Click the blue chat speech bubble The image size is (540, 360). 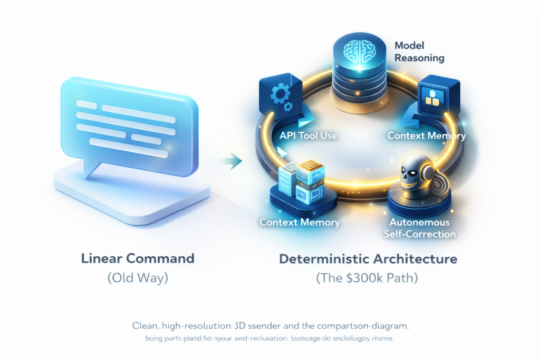point(129,124)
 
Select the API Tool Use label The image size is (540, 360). point(308,135)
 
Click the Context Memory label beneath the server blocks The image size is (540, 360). point(300,222)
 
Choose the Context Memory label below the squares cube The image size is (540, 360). point(427,135)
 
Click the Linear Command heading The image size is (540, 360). point(138,259)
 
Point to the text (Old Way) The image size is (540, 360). point(138,278)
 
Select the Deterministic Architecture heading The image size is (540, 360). point(368,259)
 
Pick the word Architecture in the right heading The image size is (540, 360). point(419,259)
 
